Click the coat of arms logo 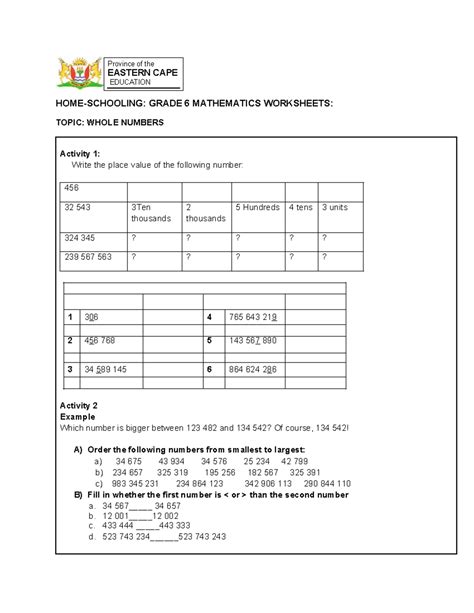pyautogui.click(x=76, y=73)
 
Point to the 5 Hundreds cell pyautogui.click(x=257, y=207)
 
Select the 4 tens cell pyautogui.click(x=300, y=207)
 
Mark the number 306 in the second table pyautogui.click(x=92, y=316)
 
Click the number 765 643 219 pyautogui.click(x=253, y=316)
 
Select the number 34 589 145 pyautogui.click(x=106, y=369)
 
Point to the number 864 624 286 pyautogui.click(x=253, y=369)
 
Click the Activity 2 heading pyautogui.click(x=79, y=404)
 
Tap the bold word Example pyautogui.click(x=77, y=415)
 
